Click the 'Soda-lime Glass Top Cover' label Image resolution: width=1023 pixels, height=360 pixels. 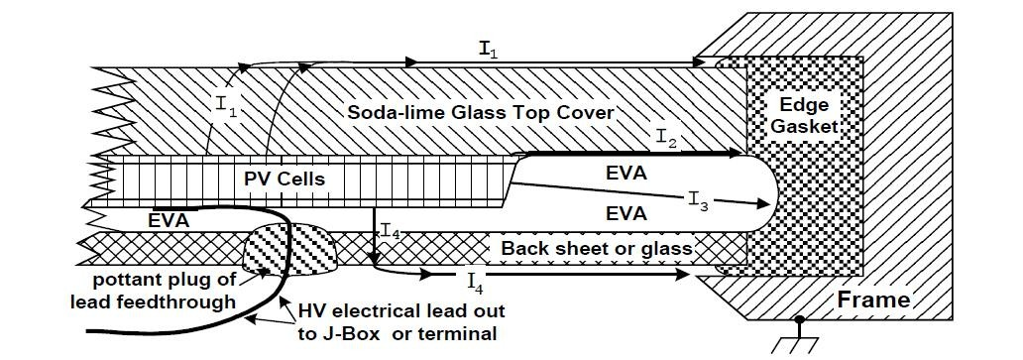pos(480,112)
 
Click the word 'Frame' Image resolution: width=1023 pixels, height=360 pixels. pos(873,300)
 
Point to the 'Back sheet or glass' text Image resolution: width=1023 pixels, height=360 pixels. pos(597,248)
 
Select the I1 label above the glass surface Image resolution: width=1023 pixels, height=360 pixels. pos(489,49)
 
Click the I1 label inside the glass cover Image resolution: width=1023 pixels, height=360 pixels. pos(224,106)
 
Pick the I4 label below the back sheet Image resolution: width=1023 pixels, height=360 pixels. pos(476,282)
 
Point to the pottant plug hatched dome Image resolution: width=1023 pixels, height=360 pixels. pos(290,249)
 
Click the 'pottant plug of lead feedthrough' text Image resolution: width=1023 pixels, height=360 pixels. pos(164,292)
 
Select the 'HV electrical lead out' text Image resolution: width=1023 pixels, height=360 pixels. pos(400,310)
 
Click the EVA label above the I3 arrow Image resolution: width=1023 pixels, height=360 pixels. pos(626,174)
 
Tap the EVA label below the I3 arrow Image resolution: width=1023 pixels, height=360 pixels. pos(626,213)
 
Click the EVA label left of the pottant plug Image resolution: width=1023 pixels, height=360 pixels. pos(169,221)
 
